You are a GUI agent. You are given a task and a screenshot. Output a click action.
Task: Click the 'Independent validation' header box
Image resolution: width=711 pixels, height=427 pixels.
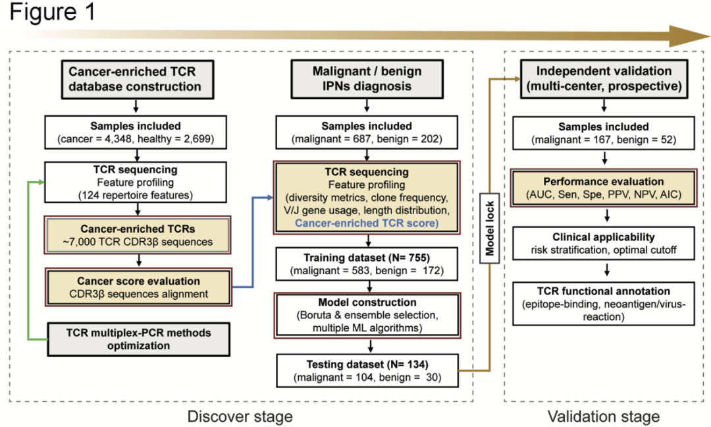606,78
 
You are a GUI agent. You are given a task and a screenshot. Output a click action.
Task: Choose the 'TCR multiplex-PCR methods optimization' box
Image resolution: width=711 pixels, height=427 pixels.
138,339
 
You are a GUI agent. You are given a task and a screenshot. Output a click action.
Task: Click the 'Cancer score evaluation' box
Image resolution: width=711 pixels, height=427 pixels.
138,287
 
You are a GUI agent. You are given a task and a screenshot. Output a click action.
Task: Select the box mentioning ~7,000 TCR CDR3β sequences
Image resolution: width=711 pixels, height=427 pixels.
138,235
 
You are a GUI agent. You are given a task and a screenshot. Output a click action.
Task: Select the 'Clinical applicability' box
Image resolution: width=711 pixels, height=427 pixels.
606,243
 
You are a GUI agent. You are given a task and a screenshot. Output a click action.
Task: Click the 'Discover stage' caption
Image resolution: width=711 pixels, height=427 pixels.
240,416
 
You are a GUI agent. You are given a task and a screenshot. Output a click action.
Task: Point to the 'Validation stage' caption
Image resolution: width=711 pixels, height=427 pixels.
603,416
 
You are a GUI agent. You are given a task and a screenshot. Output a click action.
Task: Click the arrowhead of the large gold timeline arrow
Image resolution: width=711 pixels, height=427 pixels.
688,36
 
